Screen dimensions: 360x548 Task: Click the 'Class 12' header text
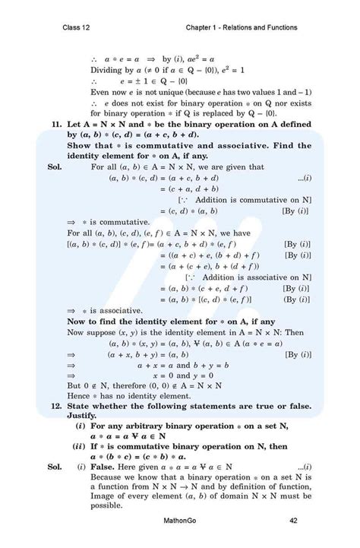coord(79,28)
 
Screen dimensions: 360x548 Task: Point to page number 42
coord(292,520)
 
